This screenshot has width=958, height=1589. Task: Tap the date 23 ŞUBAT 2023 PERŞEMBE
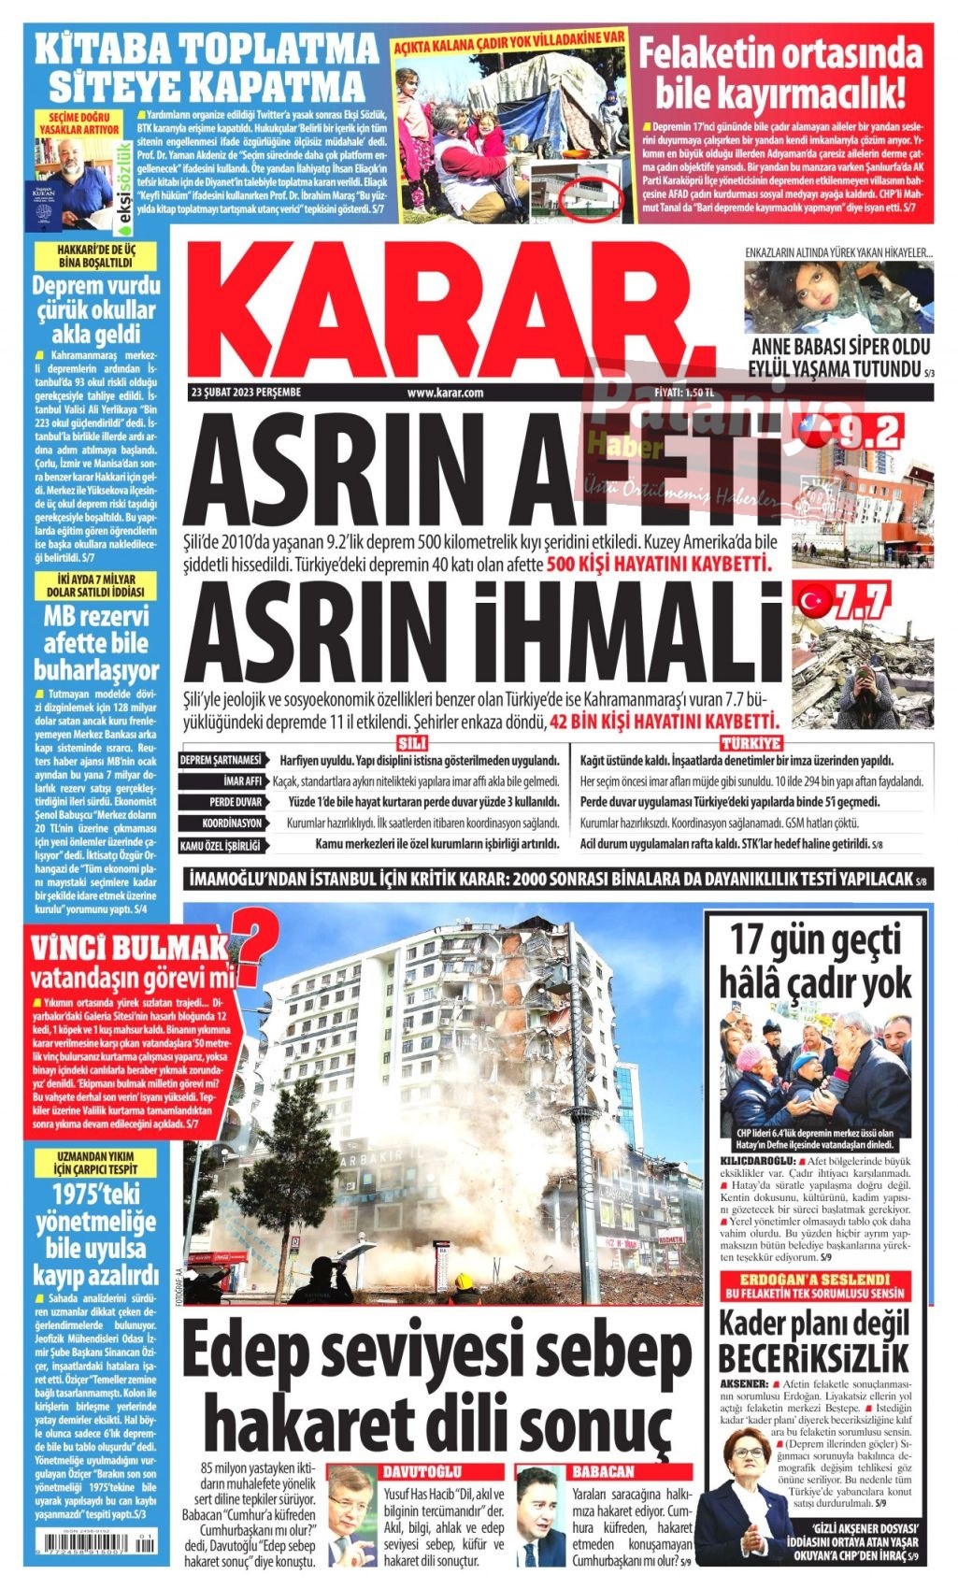[245, 393]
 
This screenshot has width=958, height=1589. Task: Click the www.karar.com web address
[445, 393]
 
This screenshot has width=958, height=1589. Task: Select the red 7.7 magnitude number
[862, 601]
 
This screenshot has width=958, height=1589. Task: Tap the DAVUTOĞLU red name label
[422, 1472]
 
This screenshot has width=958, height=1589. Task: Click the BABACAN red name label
[603, 1472]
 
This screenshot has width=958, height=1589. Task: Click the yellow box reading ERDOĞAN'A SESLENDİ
[814, 1279]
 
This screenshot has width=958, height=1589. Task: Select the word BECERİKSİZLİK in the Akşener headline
[813, 1358]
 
